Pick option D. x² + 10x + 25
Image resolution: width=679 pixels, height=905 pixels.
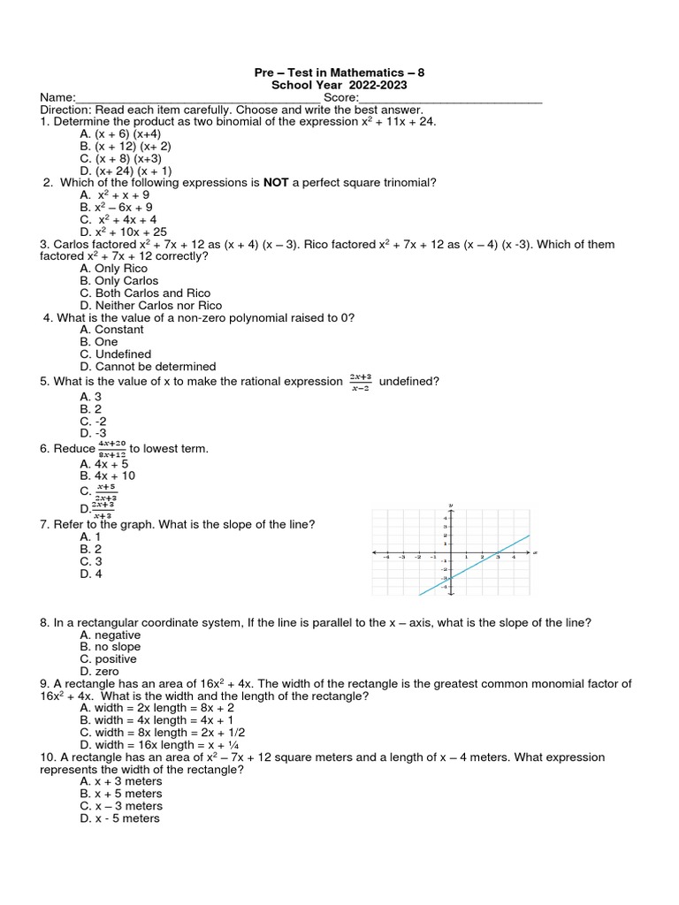point(123,232)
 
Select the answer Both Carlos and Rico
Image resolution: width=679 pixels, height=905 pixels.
point(145,293)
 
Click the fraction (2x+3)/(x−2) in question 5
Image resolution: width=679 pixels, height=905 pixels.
point(360,381)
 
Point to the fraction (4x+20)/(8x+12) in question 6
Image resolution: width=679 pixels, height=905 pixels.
point(112,449)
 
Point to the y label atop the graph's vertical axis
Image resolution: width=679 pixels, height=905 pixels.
point(451,505)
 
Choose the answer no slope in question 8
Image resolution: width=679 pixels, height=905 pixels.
point(110,647)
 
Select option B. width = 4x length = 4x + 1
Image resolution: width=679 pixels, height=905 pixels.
point(156,720)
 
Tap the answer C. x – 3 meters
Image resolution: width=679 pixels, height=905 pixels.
point(121,806)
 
